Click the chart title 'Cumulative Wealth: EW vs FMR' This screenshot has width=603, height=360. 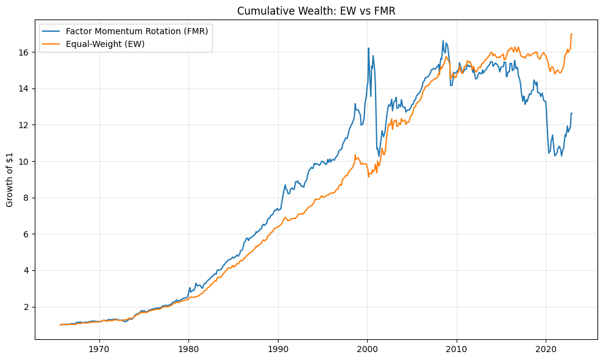316,11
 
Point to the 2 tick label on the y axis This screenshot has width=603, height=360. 26,307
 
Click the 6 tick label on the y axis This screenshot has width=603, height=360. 26,234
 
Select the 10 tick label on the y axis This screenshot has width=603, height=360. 24,162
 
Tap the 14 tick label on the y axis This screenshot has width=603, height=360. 24,89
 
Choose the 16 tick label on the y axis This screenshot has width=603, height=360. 24,52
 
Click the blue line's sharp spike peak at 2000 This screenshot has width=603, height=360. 368,48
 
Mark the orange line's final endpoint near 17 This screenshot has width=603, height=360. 572,34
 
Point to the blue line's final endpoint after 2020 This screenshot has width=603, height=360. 572,113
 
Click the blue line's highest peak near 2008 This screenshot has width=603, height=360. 443,41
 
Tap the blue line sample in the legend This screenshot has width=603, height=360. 52,32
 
